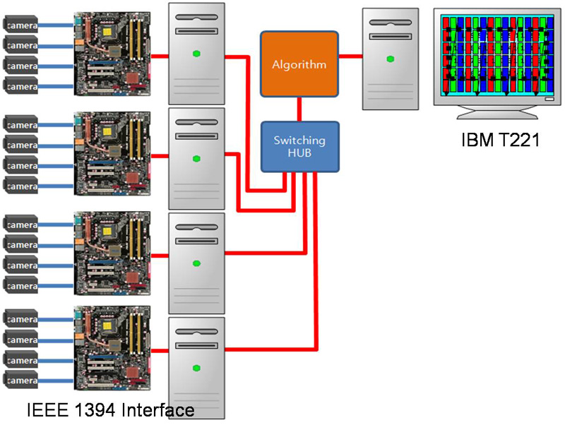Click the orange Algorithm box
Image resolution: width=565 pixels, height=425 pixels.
pyautogui.click(x=299, y=64)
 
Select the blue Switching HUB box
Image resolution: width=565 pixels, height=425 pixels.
pyautogui.click(x=299, y=146)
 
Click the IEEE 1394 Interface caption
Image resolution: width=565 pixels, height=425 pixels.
pyautogui.click(x=110, y=409)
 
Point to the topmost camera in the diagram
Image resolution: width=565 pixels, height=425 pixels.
pyautogui.click(x=21, y=25)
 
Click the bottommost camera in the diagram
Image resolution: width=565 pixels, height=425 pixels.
pyautogui.click(x=21, y=380)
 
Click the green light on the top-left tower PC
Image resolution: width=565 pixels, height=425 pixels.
pyautogui.click(x=196, y=54)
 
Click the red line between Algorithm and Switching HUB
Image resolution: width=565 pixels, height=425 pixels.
pyautogui.click(x=299, y=109)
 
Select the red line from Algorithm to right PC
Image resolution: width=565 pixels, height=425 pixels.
pyautogui.click(x=350, y=55)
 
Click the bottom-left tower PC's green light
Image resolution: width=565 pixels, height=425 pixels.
pyautogui.click(x=196, y=368)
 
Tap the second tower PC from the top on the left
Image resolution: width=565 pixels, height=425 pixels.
pyautogui.click(x=196, y=158)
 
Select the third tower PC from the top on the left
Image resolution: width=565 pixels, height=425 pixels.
pyautogui.click(x=196, y=263)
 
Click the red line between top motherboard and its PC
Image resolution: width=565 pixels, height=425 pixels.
pyautogui.click(x=159, y=55)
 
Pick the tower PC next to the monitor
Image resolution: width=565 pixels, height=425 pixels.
pyautogui.click(x=389, y=59)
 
